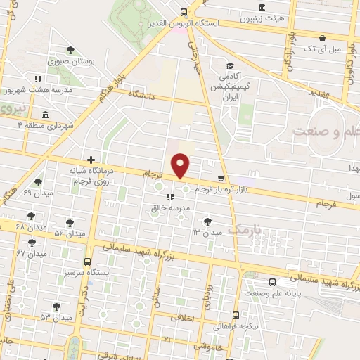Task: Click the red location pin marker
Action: point(182,165)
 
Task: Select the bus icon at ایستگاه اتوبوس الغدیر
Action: point(184,11)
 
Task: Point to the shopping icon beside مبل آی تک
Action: point(321,38)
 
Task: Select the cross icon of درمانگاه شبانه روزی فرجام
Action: point(89,160)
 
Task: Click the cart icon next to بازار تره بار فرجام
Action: point(221,179)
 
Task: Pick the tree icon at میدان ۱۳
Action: point(207,221)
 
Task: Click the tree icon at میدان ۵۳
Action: point(56,307)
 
